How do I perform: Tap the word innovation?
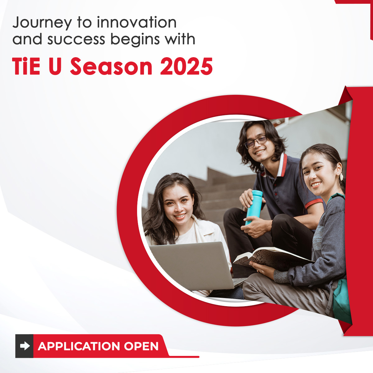coord(137,22)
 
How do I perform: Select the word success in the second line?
coord(76,39)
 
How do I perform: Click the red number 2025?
coord(186,66)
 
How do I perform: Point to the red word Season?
coord(111,66)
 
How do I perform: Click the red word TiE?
coord(26,66)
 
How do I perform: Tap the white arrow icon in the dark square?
coord(25,346)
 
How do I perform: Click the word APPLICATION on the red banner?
coord(79,346)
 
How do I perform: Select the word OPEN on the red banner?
coord(141,346)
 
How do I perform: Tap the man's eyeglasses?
coord(255,142)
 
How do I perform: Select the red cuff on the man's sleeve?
coord(314,203)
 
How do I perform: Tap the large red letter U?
coord(55,66)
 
